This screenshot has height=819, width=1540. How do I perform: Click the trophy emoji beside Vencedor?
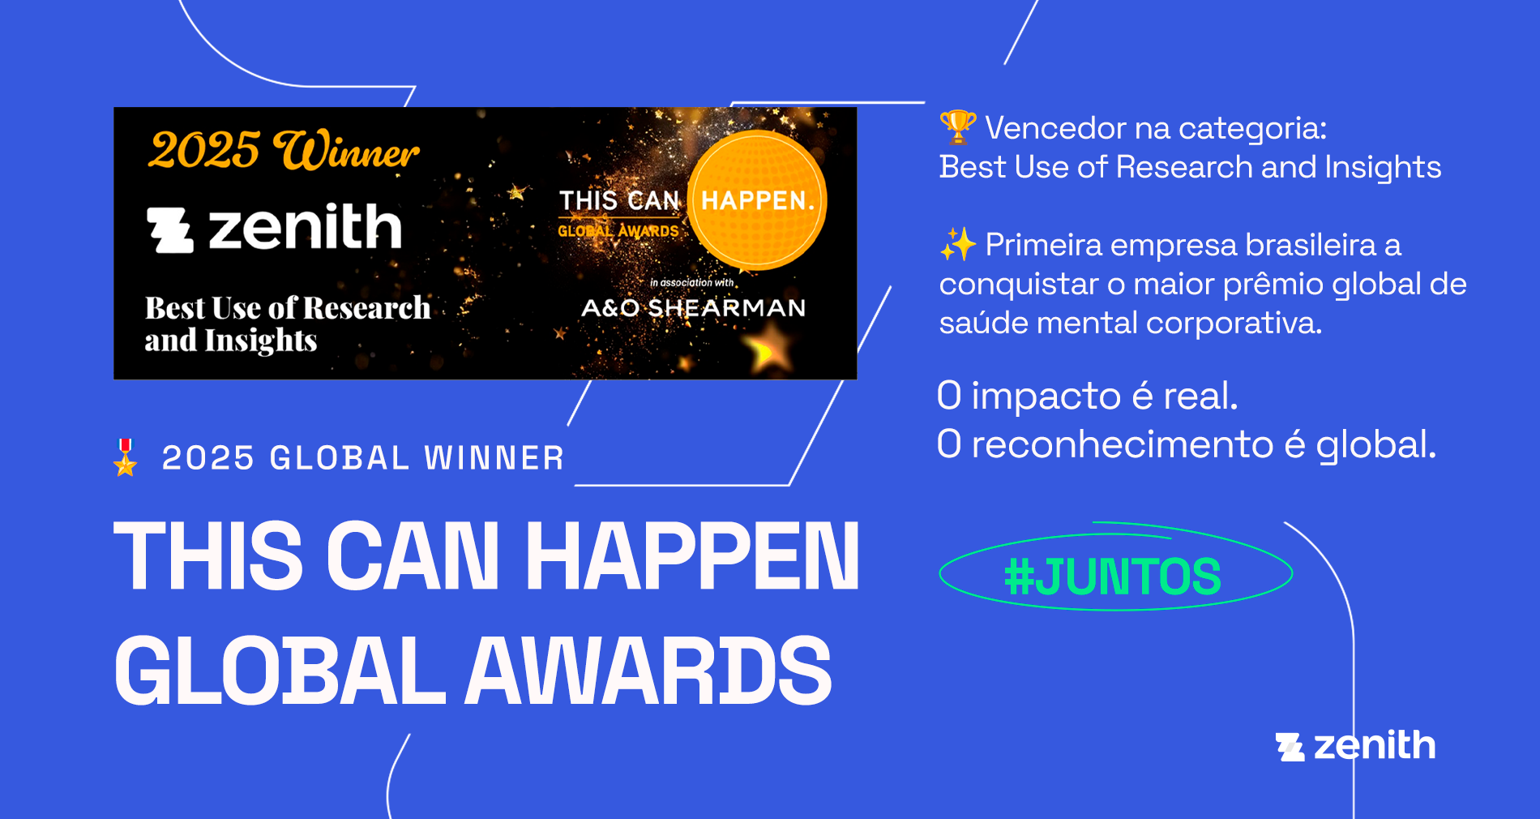[x=958, y=127]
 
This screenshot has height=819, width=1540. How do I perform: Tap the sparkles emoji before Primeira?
[x=958, y=244]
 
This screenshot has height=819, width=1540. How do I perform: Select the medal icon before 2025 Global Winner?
[x=126, y=457]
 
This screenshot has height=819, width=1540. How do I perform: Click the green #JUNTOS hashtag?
[x=1113, y=577]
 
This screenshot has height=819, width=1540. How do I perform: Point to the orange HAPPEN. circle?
[x=757, y=200]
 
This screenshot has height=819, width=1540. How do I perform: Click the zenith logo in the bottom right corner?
[x=1355, y=745]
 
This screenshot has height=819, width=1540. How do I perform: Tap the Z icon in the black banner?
[x=169, y=229]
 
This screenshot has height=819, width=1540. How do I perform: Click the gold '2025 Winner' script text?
[x=284, y=150]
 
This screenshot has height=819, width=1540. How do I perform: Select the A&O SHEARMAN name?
[x=694, y=308]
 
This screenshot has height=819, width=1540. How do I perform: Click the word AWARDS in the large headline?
[x=648, y=671]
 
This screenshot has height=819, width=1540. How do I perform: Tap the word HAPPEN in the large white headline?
[x=693, y=556]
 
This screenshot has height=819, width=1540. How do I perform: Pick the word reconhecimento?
[x=1123, y=444]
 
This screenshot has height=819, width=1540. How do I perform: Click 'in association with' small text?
[x=691, y=283]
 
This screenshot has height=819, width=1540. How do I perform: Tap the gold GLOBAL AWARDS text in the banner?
[x=618, y=231]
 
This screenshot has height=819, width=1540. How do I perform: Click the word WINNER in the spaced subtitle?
[x=494, y=458]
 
